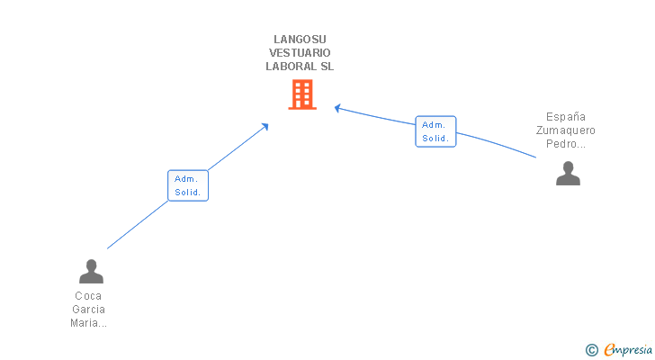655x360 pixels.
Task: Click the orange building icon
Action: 302,94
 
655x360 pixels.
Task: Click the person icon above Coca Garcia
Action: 91,271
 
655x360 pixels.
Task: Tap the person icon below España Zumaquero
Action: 568,173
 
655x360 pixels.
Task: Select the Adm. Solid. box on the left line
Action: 188,185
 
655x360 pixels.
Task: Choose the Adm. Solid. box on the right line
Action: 435,131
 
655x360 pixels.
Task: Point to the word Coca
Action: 88,296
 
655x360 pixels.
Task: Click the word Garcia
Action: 88,310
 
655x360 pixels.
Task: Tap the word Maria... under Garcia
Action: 88,323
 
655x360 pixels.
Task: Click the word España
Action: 566,117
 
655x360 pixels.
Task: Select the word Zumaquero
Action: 566,130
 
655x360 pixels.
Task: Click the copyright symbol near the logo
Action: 592,350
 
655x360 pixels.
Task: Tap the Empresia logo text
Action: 627,350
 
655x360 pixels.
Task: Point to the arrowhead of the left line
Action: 265,126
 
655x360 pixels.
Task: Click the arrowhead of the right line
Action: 336,108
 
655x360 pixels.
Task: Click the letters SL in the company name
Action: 326,67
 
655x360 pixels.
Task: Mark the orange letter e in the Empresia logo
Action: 609,350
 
